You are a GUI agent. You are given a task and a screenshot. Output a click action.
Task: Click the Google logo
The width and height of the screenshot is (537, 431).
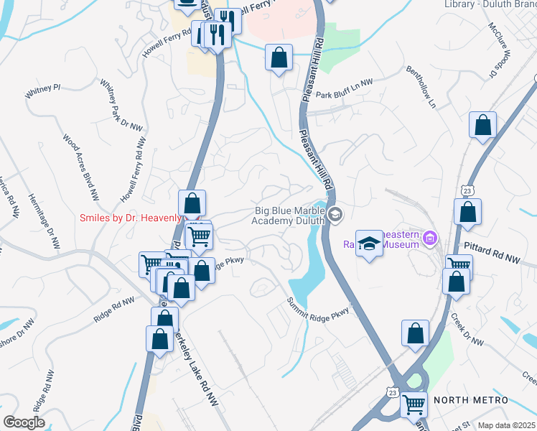(x=24, y=422)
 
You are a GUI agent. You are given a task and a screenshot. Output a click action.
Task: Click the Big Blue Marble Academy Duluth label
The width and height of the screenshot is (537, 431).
(x=287, y=215)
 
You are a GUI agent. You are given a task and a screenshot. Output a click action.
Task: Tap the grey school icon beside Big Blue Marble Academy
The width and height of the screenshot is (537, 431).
(x=335, y=215)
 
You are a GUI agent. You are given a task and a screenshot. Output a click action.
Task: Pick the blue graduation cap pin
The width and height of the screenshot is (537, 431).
(x=369, y=244)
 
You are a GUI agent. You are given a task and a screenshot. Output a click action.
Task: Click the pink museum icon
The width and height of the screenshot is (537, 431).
(x=430, y=237)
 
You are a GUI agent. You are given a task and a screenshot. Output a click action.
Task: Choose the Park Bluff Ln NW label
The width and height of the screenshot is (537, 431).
(x=345, y=93)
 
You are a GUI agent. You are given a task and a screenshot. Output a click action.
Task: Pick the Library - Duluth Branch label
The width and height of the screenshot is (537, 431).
(x=490, y=4)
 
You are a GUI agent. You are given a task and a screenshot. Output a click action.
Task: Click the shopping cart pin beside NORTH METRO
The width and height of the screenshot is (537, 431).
(x=414, y=407)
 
